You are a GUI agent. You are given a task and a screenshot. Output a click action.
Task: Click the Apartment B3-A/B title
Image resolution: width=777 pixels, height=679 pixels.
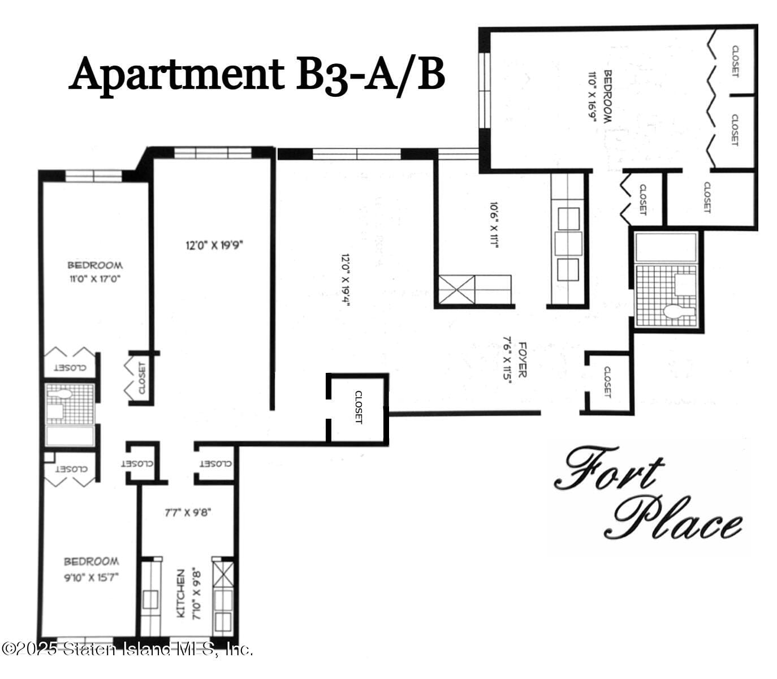pos(257,74)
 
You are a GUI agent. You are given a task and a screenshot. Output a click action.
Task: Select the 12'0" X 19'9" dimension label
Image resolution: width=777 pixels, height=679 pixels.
pos(218,246)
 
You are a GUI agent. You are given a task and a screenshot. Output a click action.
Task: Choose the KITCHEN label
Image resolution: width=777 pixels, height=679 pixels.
pos(180,594)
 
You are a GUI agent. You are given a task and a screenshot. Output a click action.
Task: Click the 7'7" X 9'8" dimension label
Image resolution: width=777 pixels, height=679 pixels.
pos(188,513)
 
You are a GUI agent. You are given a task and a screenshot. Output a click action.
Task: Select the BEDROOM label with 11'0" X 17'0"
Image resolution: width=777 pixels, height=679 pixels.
pos(95,265)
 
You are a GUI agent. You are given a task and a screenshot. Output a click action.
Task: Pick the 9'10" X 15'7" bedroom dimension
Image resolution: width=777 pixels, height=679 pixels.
pos(91,578)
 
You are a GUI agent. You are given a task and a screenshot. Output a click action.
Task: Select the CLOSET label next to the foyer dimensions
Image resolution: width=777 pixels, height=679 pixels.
pos(607,382)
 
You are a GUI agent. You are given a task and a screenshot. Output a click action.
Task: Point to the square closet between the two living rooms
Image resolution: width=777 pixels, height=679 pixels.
pos(357,407)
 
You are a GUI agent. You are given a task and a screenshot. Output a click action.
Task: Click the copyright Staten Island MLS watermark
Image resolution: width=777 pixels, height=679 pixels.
pos(127,650)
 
